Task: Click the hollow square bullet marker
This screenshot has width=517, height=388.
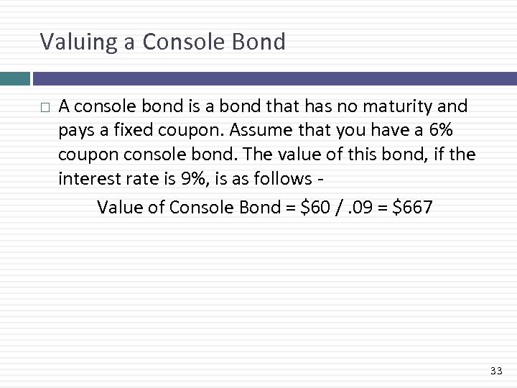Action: (45, 108)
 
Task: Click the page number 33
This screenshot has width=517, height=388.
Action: (495, 371)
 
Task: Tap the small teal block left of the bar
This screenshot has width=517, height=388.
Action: (14, 78)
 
